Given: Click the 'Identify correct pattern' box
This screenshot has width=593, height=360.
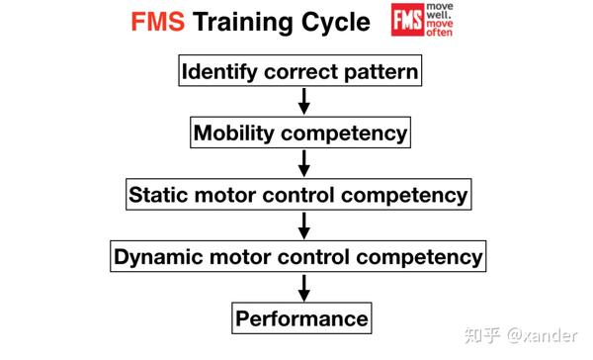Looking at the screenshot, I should click(x=297, y=71).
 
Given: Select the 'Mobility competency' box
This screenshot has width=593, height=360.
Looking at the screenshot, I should click(x=299, y=133).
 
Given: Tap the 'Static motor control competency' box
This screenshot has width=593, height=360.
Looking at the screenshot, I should click(x=298, y=194).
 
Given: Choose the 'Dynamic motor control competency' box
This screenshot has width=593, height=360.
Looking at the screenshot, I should click(x=298, y=256).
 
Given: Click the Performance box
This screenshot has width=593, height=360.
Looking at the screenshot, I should click(x=301, y=318).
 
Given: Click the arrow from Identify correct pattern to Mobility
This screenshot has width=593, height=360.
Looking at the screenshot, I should click(x=303, y=101).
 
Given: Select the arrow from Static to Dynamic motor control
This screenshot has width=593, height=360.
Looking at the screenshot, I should click(x=303, y=225).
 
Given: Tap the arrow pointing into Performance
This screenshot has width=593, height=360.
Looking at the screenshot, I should click(x=303, y=287).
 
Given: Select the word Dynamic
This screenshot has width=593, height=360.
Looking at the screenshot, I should click(x=154, y=256).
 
